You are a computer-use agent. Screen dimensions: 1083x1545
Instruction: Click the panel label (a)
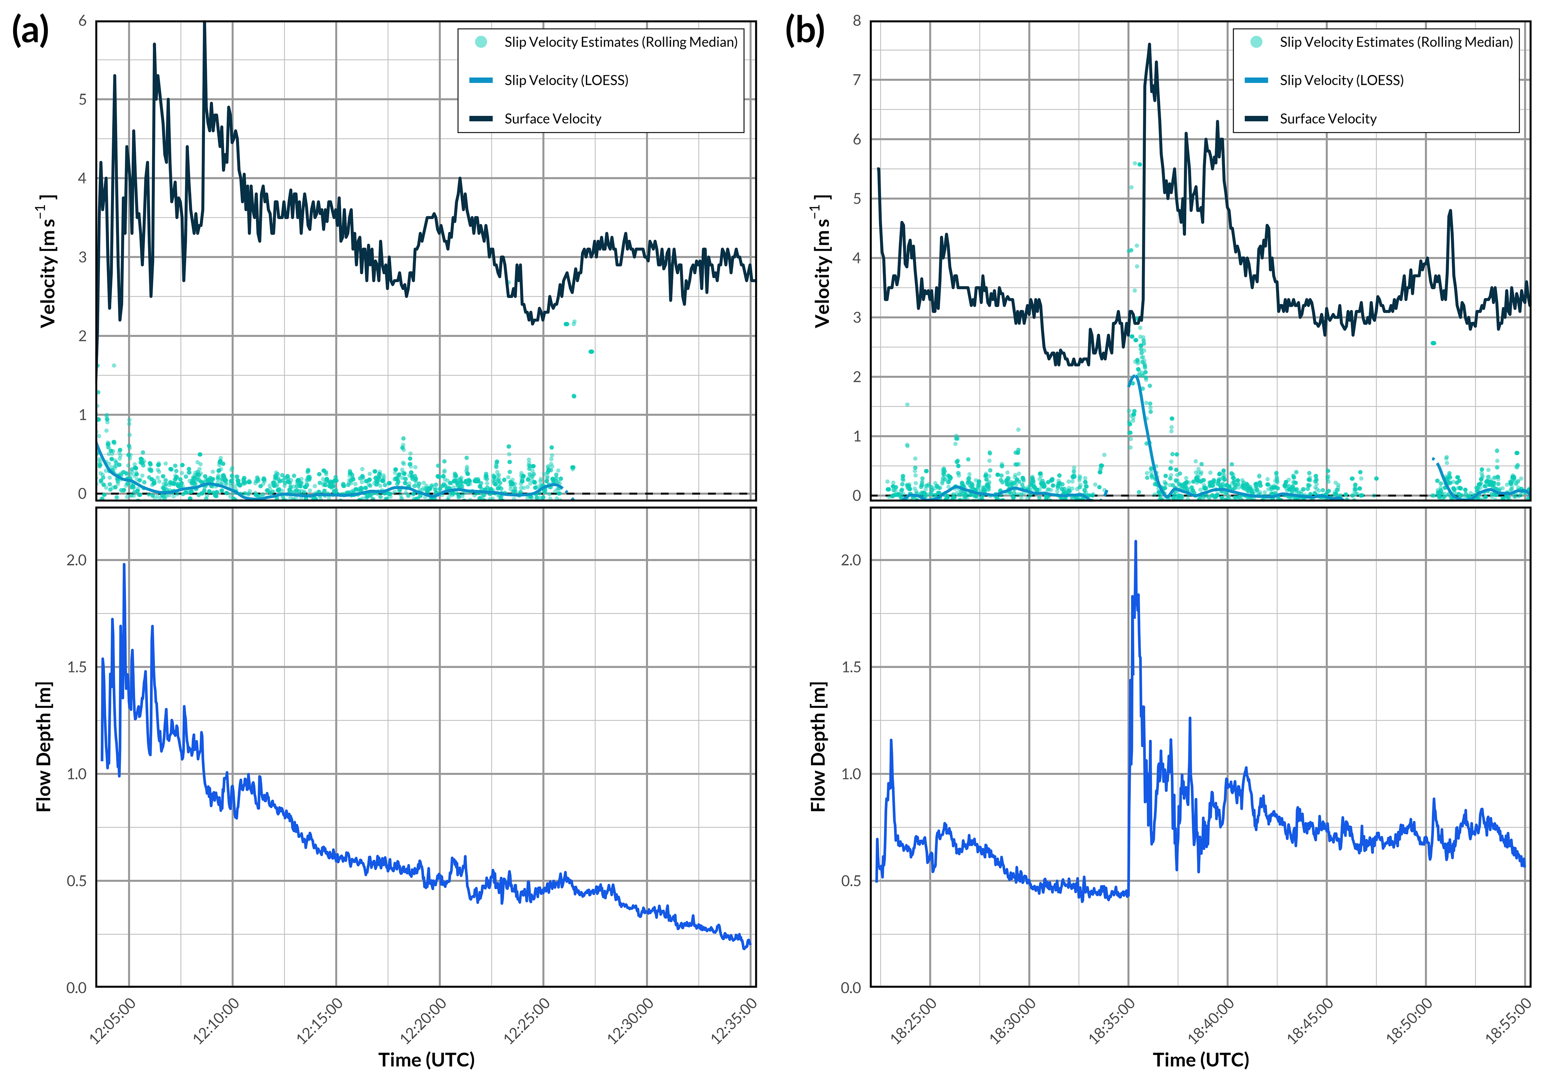(x=30, y=32)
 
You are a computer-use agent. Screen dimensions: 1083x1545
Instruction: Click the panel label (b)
(x=805, y=32)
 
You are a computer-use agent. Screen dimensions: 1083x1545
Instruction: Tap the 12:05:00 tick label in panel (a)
(x=113, y=1021)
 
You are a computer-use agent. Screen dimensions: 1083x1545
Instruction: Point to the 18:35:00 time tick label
(x=1112, y=1021)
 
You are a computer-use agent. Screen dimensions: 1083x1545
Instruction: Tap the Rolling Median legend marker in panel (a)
(x=481, y=42)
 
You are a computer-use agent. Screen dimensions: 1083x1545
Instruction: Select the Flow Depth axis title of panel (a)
(x=44, y=747)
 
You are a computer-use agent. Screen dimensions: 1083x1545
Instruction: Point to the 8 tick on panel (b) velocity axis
(x=856, y=21)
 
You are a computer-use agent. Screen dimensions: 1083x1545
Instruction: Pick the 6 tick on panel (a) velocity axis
(x=82, y=21)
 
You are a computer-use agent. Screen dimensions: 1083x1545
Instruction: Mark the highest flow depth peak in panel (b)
(x=1136, y=542)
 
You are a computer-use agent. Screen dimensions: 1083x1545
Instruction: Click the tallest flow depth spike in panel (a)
(x=124, y=565)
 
